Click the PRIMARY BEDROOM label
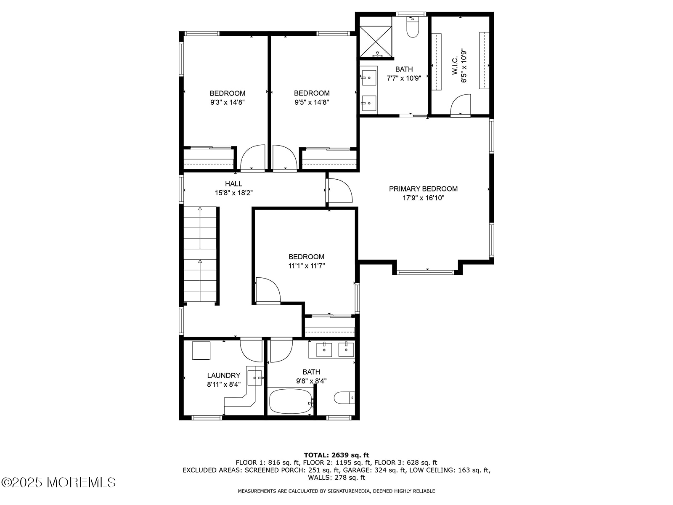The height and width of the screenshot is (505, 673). [423, 189]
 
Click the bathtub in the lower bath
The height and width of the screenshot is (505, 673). [290, 401]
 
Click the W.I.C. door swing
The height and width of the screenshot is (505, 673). [460, 105]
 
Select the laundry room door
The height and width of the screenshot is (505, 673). [252, 350]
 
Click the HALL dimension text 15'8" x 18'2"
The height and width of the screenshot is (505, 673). [233, 193]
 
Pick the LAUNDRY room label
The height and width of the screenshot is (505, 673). [224, 375]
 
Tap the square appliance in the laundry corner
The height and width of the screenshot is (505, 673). [201, 351]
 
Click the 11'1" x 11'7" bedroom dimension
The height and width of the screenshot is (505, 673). [307, 266]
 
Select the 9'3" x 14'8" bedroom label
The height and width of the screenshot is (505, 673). [228, 93]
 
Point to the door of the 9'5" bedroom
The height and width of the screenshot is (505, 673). [284, 158]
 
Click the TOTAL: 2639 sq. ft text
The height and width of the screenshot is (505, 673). [336, 455]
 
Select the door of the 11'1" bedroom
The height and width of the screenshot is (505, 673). [267, 290]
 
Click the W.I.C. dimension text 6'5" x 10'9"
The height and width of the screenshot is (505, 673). [464, 66]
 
